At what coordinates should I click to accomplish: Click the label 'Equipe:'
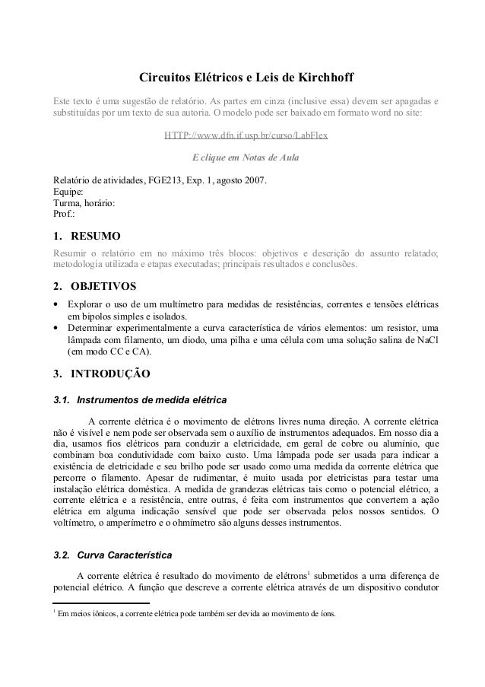click(64, 192)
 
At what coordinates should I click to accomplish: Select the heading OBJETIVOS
click(103, 287)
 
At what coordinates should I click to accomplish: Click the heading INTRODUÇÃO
click(110, 374)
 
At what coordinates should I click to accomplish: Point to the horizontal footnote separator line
click(99, 604)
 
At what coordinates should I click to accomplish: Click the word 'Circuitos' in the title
click(162, 78)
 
